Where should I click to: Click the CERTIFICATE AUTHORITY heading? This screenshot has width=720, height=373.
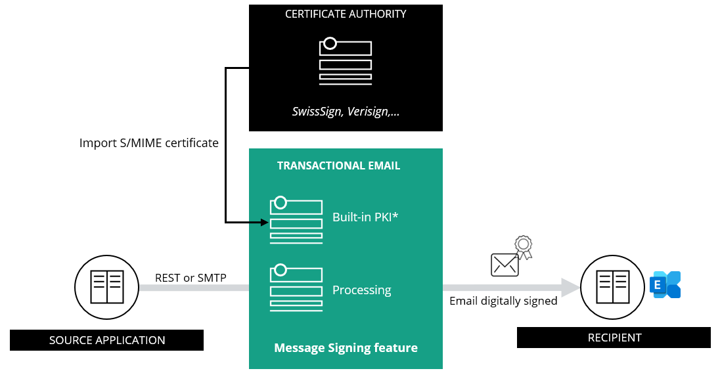346,14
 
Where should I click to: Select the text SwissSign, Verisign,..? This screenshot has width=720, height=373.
346,112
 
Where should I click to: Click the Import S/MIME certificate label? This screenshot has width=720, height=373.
148,143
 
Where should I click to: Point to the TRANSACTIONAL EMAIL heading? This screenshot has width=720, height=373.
338,165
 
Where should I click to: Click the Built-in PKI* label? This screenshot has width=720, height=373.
366,217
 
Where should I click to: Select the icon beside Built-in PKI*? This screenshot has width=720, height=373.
296,220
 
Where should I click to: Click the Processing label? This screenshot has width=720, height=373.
361,290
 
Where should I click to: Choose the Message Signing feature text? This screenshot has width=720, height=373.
346,347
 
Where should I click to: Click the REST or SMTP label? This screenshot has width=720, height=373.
191,278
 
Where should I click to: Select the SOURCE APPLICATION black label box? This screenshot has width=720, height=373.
106,340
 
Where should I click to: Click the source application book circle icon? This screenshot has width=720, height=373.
106,288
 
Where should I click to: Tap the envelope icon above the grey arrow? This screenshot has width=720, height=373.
505,265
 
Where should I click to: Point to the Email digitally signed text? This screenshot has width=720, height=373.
503,301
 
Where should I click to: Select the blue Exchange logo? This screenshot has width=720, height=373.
665,284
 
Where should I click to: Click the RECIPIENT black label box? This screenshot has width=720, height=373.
614,338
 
